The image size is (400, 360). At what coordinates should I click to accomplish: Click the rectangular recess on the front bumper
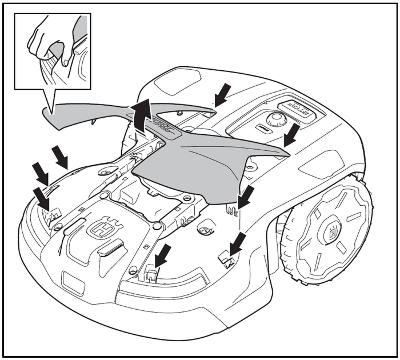71,280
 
